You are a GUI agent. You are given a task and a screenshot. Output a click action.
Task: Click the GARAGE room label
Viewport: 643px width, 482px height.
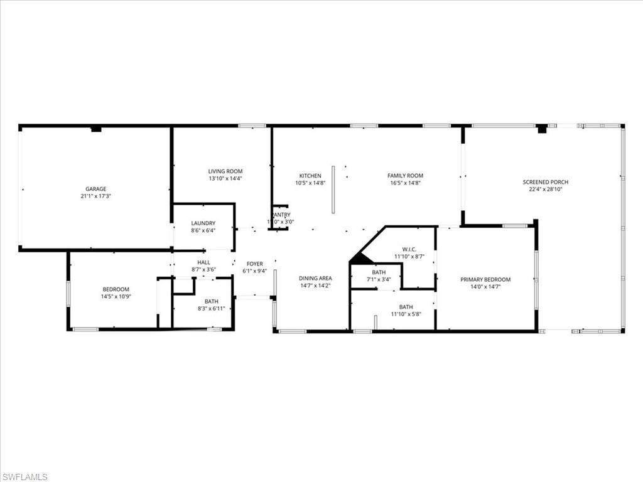[96, 189]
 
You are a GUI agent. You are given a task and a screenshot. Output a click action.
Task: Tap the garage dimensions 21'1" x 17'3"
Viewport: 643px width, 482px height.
[96, 196]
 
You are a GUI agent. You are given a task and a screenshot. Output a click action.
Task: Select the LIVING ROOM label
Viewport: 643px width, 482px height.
[225, 171]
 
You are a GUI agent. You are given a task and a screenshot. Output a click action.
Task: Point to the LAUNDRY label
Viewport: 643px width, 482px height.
[203, 223]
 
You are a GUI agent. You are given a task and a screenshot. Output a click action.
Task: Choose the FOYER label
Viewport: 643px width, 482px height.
[254, 264]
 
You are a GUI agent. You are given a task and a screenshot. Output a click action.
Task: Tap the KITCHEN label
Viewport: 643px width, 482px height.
[310, 176]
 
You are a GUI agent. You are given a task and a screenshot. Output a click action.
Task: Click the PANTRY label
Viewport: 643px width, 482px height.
[281, 215]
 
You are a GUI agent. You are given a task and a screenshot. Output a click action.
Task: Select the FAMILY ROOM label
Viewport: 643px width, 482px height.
[405, 176]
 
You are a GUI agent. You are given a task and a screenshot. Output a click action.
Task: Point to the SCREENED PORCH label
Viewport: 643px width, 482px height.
[546, 182]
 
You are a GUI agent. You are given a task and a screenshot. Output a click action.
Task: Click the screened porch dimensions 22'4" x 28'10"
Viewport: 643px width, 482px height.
[546, 189]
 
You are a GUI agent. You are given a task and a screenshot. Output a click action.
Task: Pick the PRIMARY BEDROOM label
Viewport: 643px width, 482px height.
[485, 280]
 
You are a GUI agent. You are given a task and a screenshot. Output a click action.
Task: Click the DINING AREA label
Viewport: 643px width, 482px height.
[315, 278]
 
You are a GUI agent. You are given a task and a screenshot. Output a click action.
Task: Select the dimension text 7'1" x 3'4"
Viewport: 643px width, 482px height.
[379, 279]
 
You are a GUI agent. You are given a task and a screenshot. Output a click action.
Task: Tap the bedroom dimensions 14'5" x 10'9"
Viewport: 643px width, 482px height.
[116, 296]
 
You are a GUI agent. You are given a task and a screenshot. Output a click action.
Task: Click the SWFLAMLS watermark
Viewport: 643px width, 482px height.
[24, 477]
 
